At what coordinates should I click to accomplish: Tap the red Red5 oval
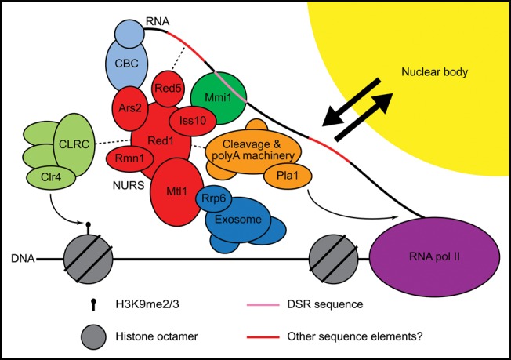tap(168, 88)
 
